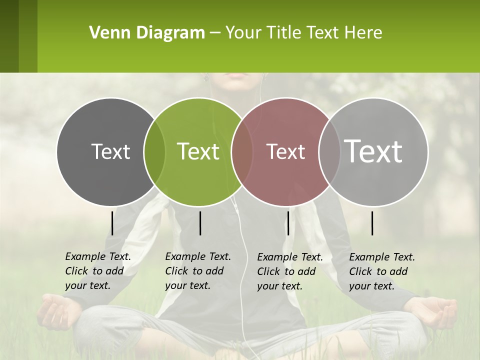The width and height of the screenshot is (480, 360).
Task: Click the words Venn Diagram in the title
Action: pos(147,32)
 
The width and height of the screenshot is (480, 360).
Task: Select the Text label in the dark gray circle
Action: pos(110,151)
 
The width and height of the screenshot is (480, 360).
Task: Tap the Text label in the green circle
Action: pos(198,151)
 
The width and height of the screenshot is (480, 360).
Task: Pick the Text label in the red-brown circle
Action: pos(286,151)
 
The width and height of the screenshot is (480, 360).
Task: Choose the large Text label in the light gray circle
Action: pos(373,151)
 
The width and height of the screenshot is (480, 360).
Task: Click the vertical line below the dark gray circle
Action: pos(112,223)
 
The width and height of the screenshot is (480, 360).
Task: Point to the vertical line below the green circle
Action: pos(200,223)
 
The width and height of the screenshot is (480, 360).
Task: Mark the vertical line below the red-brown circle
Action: pos(288,223)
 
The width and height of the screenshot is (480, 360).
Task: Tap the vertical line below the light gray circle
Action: pos(372,223)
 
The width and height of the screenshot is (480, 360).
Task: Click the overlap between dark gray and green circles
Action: pos(154,151)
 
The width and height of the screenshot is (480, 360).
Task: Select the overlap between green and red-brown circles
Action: pos(242,151)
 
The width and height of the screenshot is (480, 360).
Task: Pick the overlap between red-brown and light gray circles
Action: pos(329,151)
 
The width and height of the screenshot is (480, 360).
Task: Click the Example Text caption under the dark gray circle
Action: pos(97,271)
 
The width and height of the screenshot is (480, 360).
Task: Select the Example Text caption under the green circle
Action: pos(197,271)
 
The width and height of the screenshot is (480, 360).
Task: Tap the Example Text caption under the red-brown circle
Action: pos(289,271)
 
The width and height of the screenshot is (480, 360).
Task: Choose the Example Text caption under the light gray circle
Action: pos(381,271)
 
